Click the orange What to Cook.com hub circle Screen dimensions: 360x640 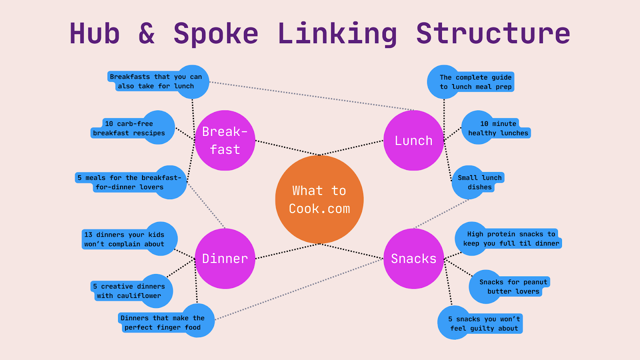click(319, 199)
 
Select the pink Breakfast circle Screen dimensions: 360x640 click(225, 140)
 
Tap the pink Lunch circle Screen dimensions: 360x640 click(413, 140)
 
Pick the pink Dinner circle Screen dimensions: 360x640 click(225, 258)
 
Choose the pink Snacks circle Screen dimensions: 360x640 click(413, 258)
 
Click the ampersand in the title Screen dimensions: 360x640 click(146, 34)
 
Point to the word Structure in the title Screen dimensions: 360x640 click(493, 34)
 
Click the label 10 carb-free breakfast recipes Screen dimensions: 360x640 click(129, 128)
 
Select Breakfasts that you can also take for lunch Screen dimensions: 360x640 click(156, 81)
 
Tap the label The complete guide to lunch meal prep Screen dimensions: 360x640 click(475, 82)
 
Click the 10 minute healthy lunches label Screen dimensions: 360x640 click(498, 128)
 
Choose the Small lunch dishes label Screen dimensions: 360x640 click(479, 182)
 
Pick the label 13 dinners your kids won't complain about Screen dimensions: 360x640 click(124, 239)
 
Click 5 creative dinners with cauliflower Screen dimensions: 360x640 click(129, 291)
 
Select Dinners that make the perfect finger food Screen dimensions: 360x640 click(162, 322)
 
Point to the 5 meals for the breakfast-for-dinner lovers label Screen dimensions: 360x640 click(129, 182)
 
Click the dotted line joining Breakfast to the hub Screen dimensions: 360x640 click(287, 148)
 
